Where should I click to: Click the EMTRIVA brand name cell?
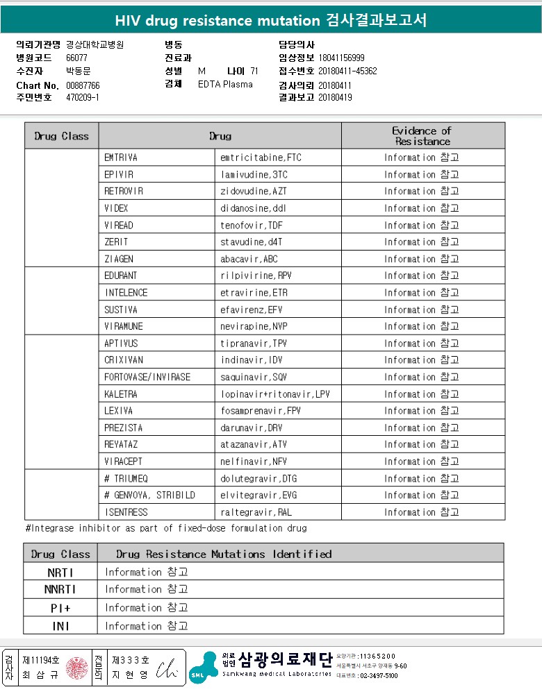click(121, 158)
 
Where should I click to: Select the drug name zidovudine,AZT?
click(253, 192)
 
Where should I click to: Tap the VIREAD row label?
click(119, 226)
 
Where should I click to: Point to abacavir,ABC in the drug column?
click(249, 259)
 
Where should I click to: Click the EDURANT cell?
click(121, 276)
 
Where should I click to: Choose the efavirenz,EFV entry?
click(252, 310)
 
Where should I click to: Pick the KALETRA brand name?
click(121, 394)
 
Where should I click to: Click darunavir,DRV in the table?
click(251, 428)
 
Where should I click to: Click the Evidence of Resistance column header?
click(422, 136)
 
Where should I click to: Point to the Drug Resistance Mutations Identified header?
click(224, 554)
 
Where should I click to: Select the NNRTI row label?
click(60, 589)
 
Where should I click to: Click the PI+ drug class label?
click(60, 608)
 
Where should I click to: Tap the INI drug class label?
click(60, 626)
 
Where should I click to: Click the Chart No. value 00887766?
click(83, 85)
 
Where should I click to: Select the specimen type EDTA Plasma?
click(225, 85)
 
